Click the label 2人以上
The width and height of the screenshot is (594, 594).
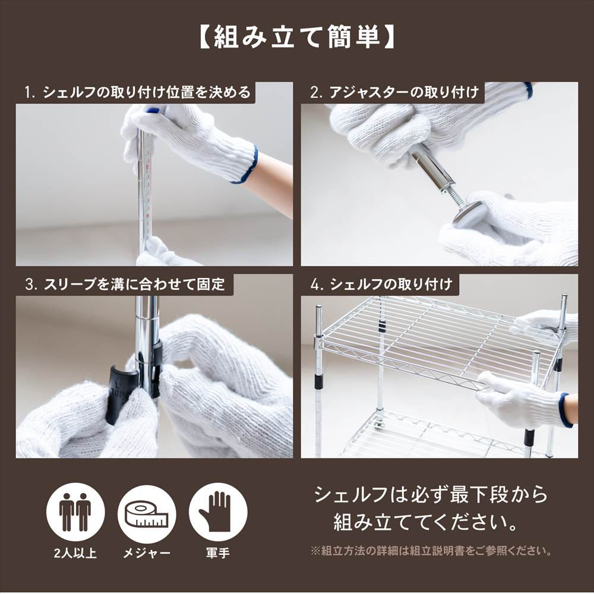[x=75, y=553]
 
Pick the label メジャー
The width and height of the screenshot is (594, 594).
[x=147, y=553]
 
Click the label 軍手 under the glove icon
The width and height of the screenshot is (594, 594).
[x=218, y=553]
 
